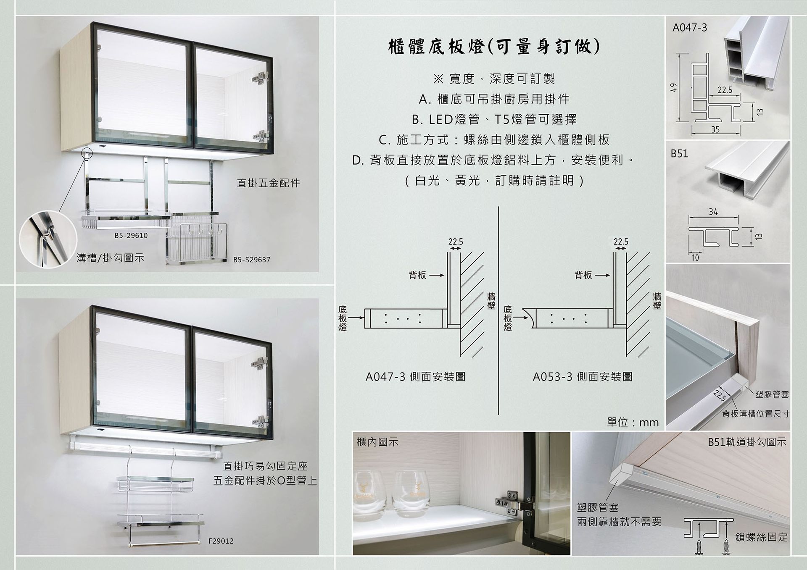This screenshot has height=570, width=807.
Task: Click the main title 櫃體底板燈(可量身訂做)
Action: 494,47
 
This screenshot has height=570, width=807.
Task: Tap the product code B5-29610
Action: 131,236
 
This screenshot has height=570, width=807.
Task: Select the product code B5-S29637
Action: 252,260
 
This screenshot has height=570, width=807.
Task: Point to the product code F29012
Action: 221,541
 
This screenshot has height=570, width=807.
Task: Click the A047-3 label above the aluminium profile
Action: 690,28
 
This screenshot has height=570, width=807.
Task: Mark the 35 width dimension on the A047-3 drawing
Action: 715,129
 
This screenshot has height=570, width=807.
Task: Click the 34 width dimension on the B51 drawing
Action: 713,212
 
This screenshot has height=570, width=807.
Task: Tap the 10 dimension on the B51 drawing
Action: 695,257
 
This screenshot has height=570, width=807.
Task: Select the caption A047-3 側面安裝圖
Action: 415,377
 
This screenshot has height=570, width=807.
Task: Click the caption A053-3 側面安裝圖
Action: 583,377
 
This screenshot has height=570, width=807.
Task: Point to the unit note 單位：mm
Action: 633,422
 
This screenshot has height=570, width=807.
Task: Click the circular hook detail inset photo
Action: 48,239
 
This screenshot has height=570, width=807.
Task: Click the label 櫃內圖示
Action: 377,442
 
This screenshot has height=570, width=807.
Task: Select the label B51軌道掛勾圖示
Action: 747,442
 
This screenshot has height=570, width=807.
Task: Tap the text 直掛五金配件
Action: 269,183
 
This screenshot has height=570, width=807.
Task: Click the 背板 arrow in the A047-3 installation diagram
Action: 436,276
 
